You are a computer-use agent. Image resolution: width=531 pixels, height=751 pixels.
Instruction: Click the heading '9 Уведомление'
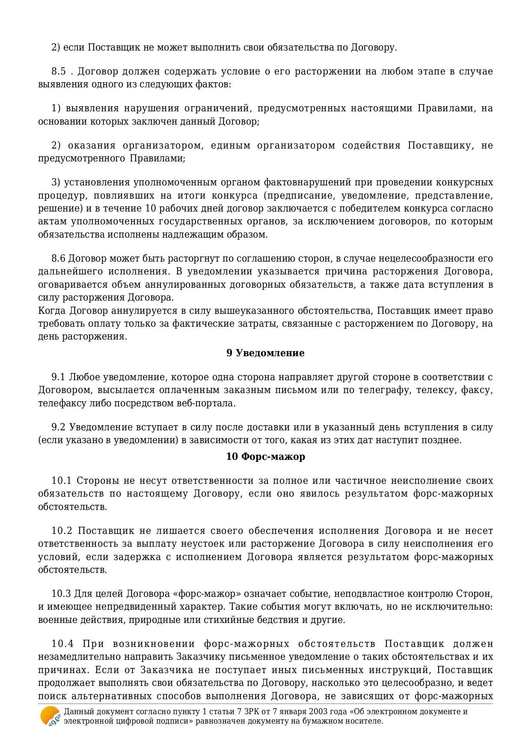[265, 353]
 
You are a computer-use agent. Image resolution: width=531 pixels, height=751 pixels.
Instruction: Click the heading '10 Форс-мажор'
[265, 456]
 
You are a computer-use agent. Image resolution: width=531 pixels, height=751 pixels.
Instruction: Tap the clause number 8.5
[59, 71]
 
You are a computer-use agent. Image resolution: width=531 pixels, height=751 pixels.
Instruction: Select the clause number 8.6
[59, 258]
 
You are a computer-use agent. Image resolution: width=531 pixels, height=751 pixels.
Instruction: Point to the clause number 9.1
[58, 377]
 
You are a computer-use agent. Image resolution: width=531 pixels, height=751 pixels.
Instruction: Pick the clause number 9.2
[58, 427]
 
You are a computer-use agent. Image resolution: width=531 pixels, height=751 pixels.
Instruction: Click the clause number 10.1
[61, 480]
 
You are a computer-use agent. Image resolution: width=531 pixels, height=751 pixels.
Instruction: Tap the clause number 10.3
[61, 593]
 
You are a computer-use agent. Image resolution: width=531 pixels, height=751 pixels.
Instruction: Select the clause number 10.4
[62, 644]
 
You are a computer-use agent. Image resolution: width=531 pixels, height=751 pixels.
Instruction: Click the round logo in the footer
[50, 716]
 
